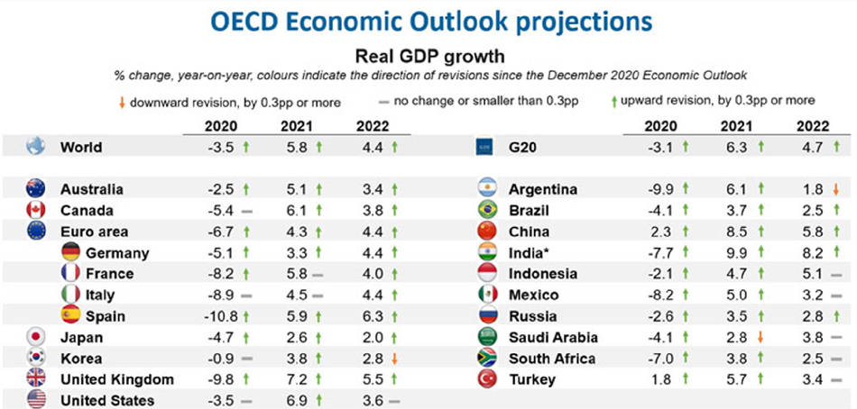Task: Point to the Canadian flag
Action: pos(36,211)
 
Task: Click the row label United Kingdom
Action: pos(117,379)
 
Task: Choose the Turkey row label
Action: pos(533,380)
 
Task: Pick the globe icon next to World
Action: pos(36,147)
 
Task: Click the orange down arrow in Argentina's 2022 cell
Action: pos(837,190)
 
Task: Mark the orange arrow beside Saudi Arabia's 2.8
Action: pos(760,338)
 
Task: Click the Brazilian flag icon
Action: pos(486,211)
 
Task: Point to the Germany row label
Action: pos(117,253)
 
